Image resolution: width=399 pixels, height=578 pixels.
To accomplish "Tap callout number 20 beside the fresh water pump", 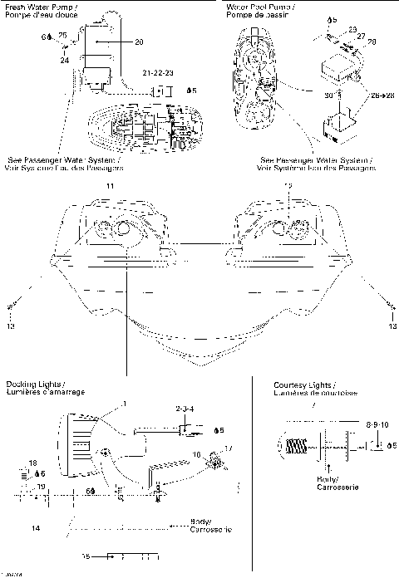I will [138, 42].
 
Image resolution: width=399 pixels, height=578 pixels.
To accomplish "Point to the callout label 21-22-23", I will [159, 74].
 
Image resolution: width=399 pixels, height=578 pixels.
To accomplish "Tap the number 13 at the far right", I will [392, 326].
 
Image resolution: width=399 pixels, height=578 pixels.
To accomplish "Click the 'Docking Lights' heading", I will [33, 384].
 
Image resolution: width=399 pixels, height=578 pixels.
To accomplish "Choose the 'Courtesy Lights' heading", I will [304, 385].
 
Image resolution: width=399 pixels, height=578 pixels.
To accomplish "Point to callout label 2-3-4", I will [184, 410].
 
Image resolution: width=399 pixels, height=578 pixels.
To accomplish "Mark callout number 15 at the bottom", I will [86, 554].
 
